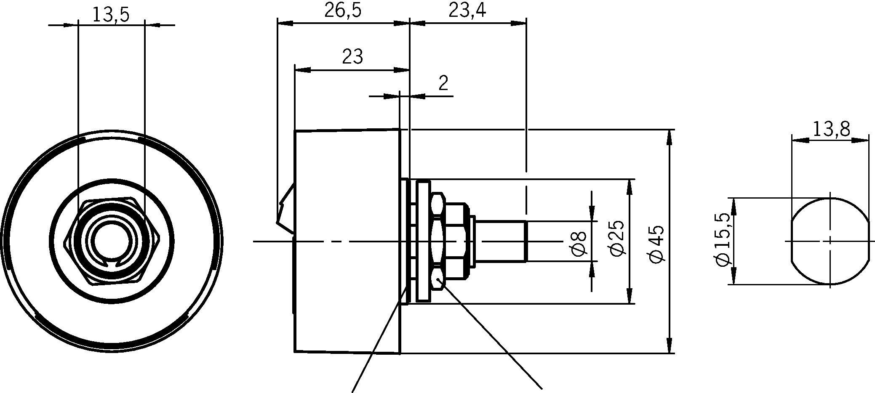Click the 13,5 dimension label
[x=111, y=15]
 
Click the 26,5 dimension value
[x=343, y=10]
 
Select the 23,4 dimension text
[x=467, y=10]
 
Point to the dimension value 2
[x=443, y=84]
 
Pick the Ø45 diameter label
[x=657, y=244]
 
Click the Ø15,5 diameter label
[x=722, y=240]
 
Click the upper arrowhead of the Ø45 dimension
[x=669, y=137]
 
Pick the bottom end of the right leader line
[x=541, y=388]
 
